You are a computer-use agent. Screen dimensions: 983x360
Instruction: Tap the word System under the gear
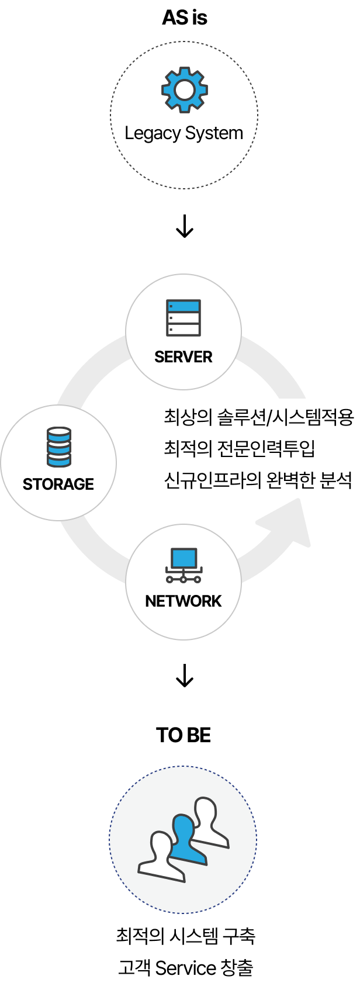(213, 133)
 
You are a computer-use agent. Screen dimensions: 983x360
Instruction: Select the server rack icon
(184, 318)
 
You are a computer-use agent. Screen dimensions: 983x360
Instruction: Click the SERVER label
(184, 357)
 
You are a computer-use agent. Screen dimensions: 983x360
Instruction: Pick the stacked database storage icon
(58, 447)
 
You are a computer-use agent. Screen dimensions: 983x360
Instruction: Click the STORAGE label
(58, 484)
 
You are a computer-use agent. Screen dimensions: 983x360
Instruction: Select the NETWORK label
(184, 601)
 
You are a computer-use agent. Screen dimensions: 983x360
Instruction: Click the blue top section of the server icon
(184, 306)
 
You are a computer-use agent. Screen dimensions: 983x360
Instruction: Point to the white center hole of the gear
(185, 90)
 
